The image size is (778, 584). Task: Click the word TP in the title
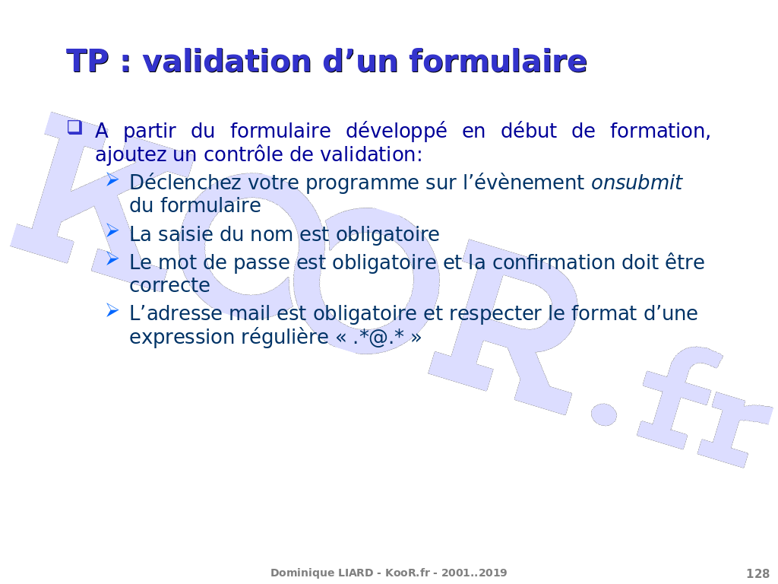tap(87, 61)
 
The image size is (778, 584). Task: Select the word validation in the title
tap(228, 61)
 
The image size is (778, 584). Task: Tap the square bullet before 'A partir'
tap(75, 128)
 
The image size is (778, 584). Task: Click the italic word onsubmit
tap(637, 182)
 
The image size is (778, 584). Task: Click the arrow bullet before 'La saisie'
tap(112, 230)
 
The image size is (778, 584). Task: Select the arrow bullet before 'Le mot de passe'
tap(112, 259)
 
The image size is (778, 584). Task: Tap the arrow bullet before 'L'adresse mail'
tap(112, 311)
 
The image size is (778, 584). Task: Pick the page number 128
tap(757, 573)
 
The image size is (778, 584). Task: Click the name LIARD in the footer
tap(356, 573)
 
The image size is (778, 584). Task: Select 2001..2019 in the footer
tap(474, 573)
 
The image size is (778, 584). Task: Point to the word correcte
tap(169, 285)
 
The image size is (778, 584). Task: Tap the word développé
tap(397, 132)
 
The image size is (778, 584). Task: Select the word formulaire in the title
tap(498, 61)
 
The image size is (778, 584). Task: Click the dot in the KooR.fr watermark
tap(604, 414)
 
